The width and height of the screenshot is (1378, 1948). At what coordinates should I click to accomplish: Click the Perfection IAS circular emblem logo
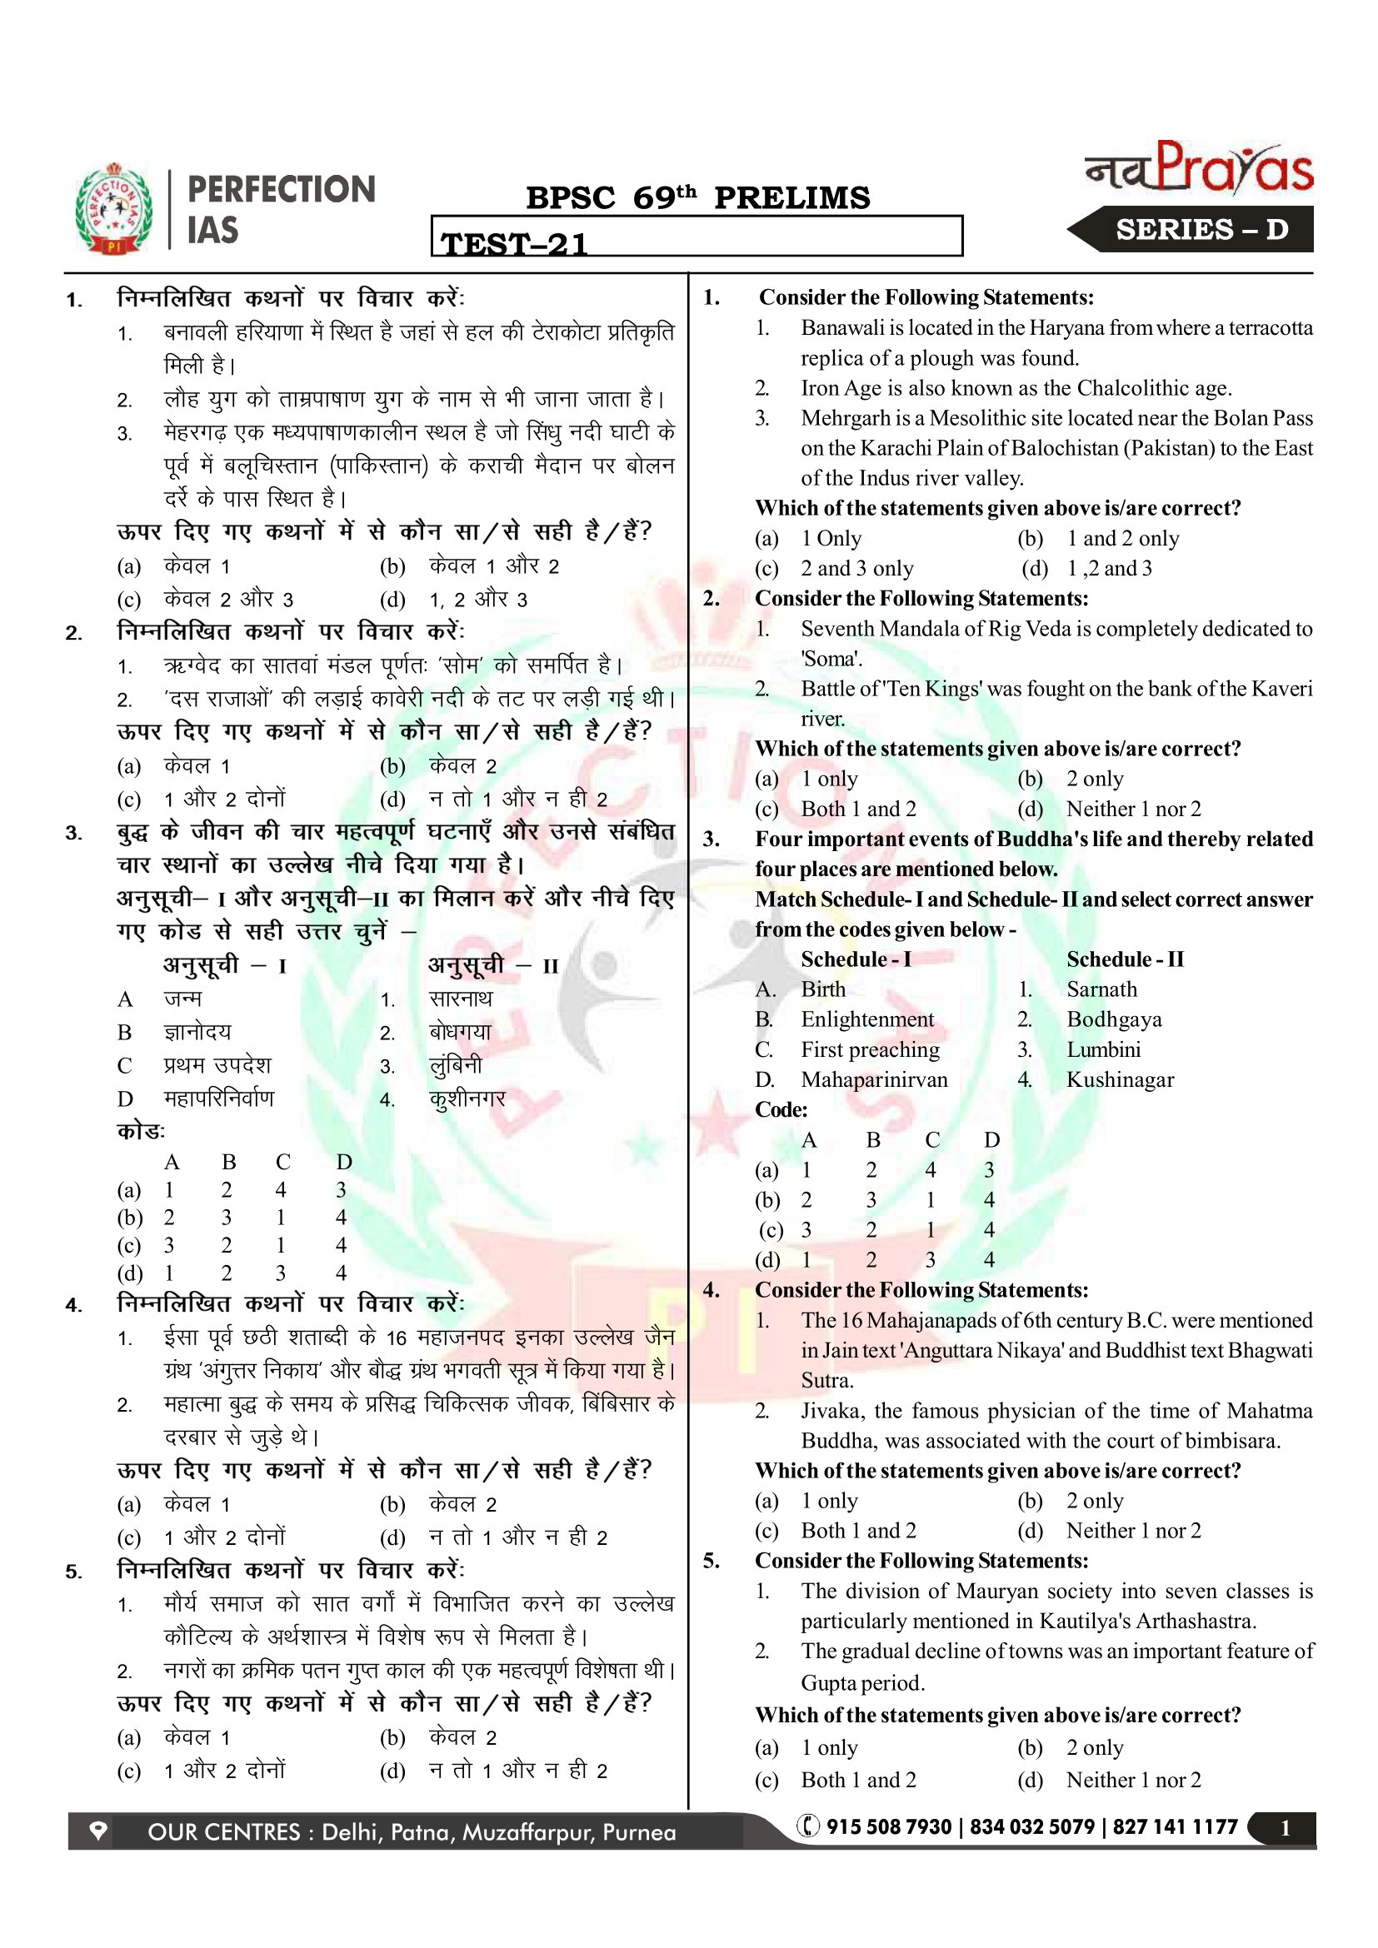(x=113, y=209)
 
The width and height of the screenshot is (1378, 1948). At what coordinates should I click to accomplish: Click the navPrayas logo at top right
(x=1199, y=167)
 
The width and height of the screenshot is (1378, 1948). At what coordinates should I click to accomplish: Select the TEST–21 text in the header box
(x=514, y=243)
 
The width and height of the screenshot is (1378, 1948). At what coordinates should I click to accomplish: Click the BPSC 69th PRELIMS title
(x=697, y=197)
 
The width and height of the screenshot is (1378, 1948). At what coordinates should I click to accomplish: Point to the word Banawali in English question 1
(x=844, y=327)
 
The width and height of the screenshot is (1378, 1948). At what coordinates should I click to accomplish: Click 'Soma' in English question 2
(x=831, y=659)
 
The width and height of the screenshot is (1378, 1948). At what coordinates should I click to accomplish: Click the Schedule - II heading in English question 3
(x=1124, y=959)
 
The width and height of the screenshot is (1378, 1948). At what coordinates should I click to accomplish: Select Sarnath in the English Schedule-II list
(x=1101, y=989)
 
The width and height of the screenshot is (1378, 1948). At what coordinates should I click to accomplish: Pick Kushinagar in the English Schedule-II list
(x=1119, y=1079)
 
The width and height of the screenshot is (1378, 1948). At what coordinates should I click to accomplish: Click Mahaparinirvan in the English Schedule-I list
(x=874, y=1079)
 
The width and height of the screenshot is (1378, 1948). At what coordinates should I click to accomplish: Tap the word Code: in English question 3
(x=781, y=1109)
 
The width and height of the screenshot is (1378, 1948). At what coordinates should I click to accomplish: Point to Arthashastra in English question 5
(x=1196, y=1621)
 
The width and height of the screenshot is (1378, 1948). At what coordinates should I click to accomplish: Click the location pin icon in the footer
(x=98, y=1831)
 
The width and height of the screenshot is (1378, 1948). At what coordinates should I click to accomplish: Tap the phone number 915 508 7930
(x=888, y=1826)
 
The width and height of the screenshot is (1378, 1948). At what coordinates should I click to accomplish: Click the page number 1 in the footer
(x=1285, y=1827)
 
